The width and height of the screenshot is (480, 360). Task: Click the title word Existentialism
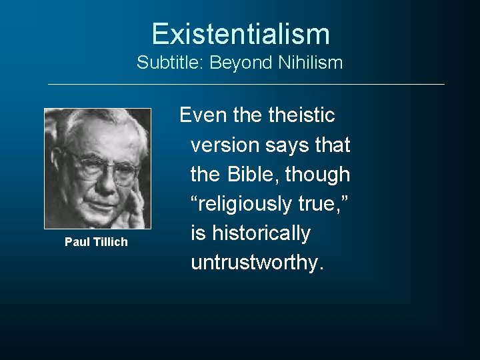(x=240, y=34)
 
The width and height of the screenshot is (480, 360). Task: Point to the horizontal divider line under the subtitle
(x=246, y=84)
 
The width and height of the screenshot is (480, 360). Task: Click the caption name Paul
(x=76, y=242)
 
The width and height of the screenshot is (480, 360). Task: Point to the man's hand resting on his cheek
(x=136, y=207)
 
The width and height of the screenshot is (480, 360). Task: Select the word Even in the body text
(x=203, y=115)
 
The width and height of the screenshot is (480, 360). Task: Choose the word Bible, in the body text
(x=253, y=175)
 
